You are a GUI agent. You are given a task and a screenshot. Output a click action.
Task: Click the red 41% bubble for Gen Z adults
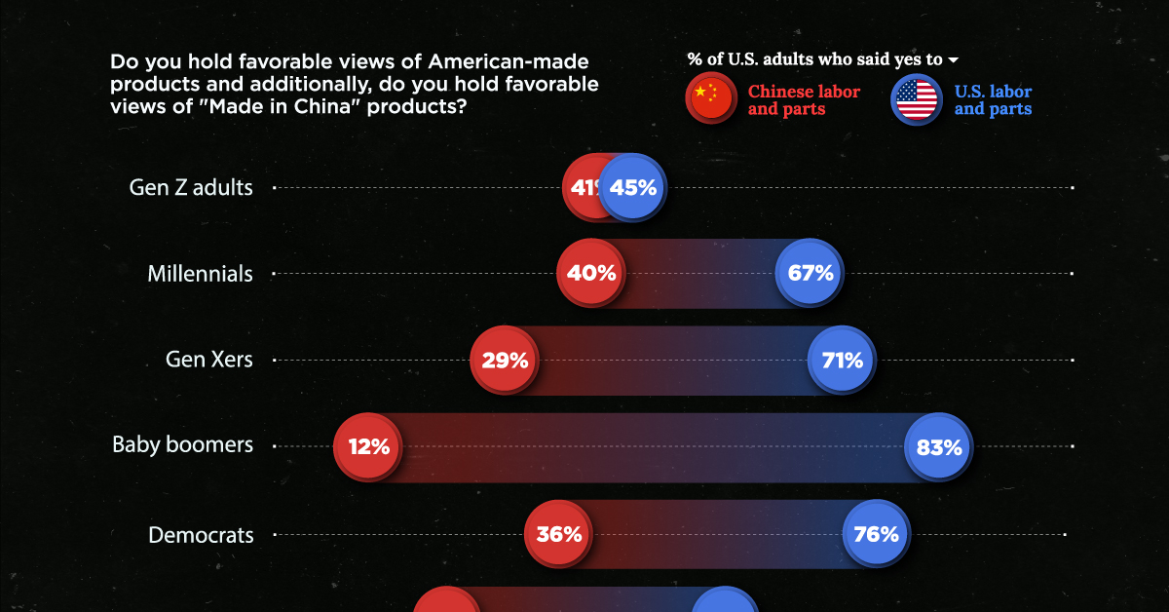point(583,187)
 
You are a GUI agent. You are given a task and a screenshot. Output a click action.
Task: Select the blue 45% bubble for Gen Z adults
point(633,187)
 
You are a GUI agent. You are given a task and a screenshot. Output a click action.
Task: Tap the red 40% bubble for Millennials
point(591,273)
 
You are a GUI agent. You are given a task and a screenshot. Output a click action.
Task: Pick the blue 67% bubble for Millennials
point(810,273)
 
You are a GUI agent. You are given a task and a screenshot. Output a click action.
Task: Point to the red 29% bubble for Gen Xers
point(505,360)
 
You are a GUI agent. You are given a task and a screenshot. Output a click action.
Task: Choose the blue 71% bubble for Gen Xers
point(842,360)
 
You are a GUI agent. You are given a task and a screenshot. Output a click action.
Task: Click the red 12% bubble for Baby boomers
point(368,446)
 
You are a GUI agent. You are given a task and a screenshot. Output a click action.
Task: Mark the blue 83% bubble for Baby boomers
point(938,446)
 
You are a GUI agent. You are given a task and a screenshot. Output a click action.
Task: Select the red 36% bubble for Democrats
point(559,534)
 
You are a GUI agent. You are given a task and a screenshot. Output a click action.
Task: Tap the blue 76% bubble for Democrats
point(875,534)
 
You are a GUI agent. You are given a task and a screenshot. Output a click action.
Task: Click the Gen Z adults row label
point(191,187)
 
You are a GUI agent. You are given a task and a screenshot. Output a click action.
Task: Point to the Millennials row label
point(200,274)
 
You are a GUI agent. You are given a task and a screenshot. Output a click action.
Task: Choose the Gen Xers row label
point(208,360)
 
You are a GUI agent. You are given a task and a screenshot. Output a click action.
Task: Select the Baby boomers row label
point(182,445)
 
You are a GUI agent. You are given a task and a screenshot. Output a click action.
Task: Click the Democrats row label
point(201,535)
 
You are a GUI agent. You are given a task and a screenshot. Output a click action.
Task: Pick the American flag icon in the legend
point(916,99)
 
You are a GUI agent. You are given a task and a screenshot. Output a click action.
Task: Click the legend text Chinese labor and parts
point(804,100)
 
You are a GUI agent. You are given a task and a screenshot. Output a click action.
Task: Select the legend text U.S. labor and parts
point(993,100)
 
